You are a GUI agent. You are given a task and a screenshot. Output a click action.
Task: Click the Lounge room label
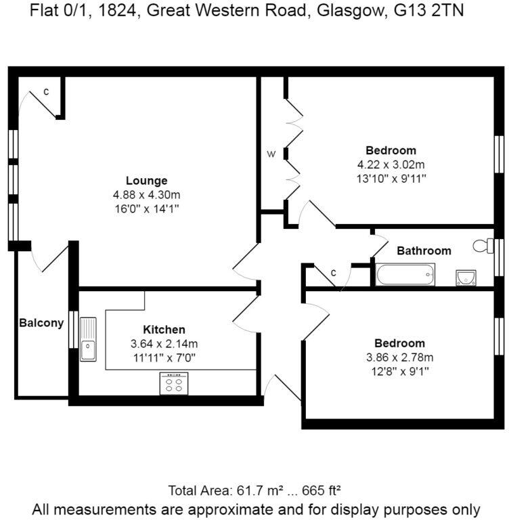click(147, 181)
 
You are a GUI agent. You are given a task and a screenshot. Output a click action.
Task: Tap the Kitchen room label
click(164, 330)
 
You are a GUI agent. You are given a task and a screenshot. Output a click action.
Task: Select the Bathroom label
click(424, 251)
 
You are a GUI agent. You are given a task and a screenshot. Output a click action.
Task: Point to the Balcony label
click(41, 323)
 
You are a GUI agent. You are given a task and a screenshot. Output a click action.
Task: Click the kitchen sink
click(88, 339)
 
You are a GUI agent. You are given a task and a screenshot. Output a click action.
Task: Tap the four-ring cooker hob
click(174, 384)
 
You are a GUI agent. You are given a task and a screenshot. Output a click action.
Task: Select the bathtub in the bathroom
click(405, 274)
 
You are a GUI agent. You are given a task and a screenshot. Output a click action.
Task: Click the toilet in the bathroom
click(483, 246)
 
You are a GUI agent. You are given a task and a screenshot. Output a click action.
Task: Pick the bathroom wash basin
click(466, 278)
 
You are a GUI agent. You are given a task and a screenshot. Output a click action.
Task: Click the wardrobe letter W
click(271, 154)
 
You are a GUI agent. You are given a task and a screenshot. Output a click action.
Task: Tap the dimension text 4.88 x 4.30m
click(147, 195)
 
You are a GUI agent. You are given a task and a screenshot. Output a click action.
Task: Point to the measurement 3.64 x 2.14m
click(164, 344)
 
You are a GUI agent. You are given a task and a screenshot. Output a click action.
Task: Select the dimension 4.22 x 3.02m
click(391, 165)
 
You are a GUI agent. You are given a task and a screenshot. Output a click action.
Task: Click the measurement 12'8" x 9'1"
click(400, 372)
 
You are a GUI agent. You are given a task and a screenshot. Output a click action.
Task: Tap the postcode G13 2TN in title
click(428, 10)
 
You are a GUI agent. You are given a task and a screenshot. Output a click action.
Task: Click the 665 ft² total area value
click(321, 490)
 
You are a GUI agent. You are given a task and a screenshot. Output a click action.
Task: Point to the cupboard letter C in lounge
click(47, 91)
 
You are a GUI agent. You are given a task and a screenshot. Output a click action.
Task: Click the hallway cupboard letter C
click(334, 273)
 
